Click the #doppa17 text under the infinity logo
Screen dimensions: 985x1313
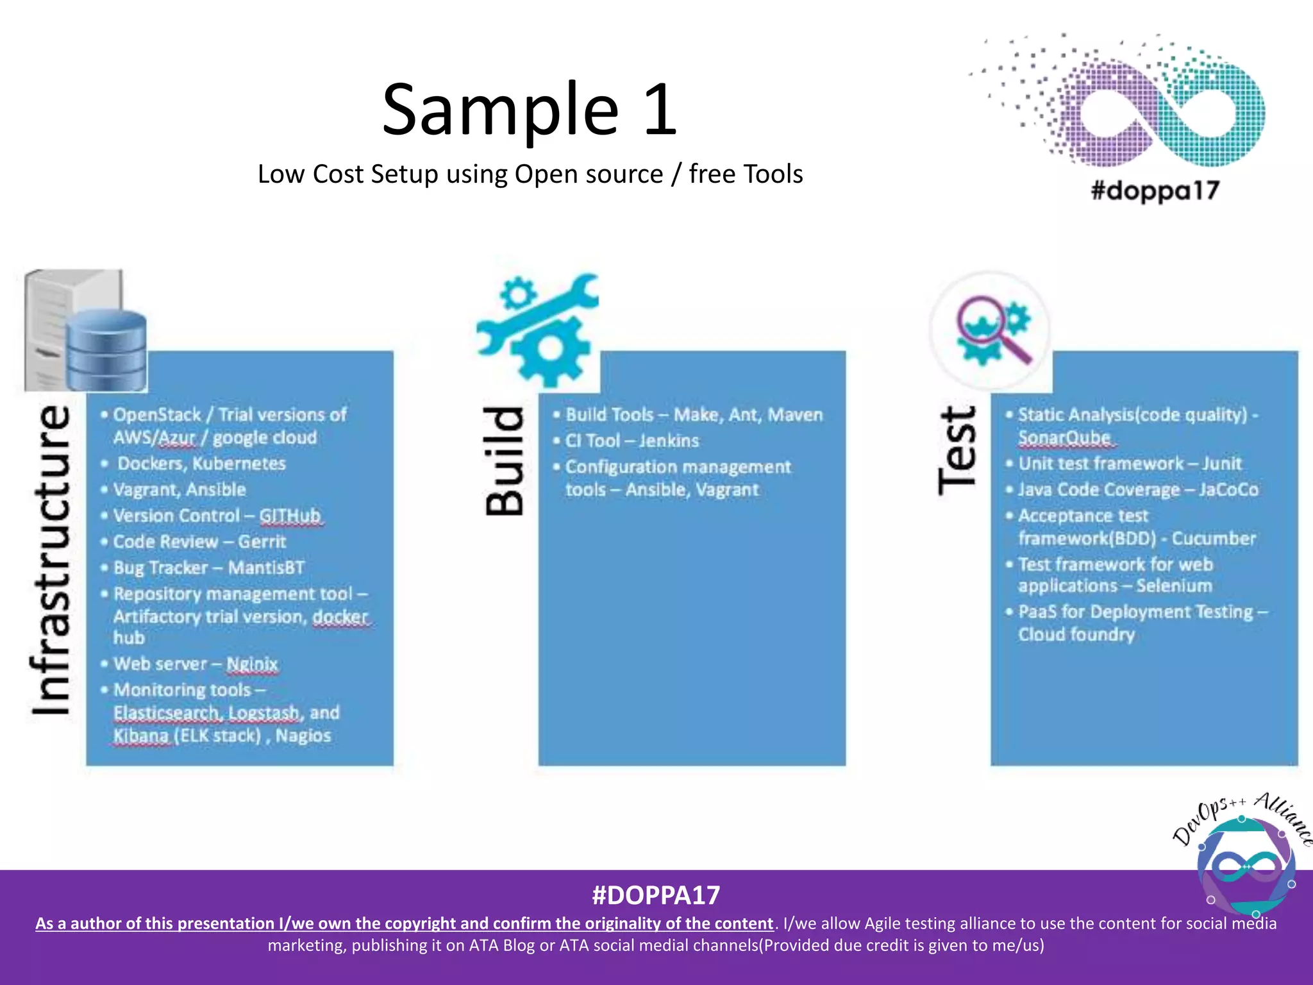[1155, 191]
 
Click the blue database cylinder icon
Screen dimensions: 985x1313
[106, 349]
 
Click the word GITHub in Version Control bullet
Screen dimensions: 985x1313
[290, 516]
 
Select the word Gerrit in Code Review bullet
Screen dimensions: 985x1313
[262, 542]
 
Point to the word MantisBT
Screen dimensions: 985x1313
[266, 568]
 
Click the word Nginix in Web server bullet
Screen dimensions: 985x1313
[252, 664]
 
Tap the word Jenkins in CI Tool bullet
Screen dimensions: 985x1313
[669, 441]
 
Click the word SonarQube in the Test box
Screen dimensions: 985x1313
[1064, 438]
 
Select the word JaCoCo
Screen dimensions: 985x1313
[1228, 490]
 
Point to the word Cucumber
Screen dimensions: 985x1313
[1213, 539]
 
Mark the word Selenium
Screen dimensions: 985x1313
[1174, 586]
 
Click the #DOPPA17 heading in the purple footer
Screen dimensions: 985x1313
[656, 895]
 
